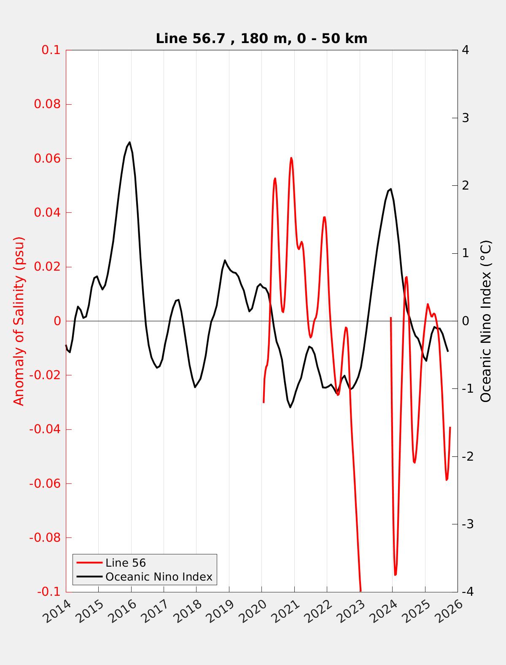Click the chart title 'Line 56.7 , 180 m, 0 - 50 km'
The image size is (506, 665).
261,38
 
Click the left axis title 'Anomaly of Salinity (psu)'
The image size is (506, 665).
19,321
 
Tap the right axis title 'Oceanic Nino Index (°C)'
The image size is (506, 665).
486,321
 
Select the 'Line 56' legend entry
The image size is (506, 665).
125,563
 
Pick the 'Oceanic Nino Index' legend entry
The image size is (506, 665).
159,577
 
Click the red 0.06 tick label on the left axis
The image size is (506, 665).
47,158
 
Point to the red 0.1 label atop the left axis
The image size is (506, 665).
51,50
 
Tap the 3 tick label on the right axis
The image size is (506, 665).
466,118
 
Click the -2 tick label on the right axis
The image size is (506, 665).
467,456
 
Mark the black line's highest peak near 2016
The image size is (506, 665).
129,142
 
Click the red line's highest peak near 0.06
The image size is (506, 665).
291,158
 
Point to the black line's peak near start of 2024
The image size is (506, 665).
391,189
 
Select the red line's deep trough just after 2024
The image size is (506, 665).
395,575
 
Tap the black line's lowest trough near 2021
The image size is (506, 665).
290,407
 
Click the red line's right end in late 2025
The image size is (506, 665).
450,427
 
